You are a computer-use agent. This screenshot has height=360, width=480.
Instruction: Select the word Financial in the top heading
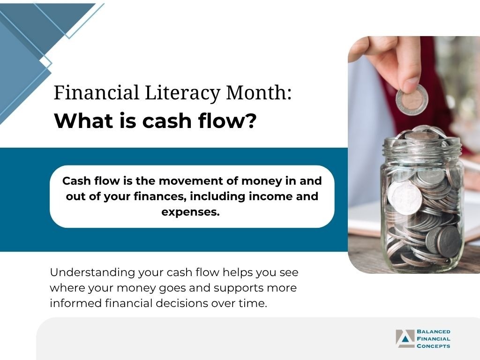point(96,92)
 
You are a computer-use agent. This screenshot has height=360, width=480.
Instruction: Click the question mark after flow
point(251,121)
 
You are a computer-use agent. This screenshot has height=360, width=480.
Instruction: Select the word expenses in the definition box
point(190,212)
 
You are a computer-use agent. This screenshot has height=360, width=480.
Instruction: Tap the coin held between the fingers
point(412,99)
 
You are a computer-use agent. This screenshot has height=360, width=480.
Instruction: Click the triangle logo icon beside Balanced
point(405,338)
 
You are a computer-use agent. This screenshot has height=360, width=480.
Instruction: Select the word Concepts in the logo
point(434,346)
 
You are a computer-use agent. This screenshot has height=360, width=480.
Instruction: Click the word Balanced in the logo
point(434,331)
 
